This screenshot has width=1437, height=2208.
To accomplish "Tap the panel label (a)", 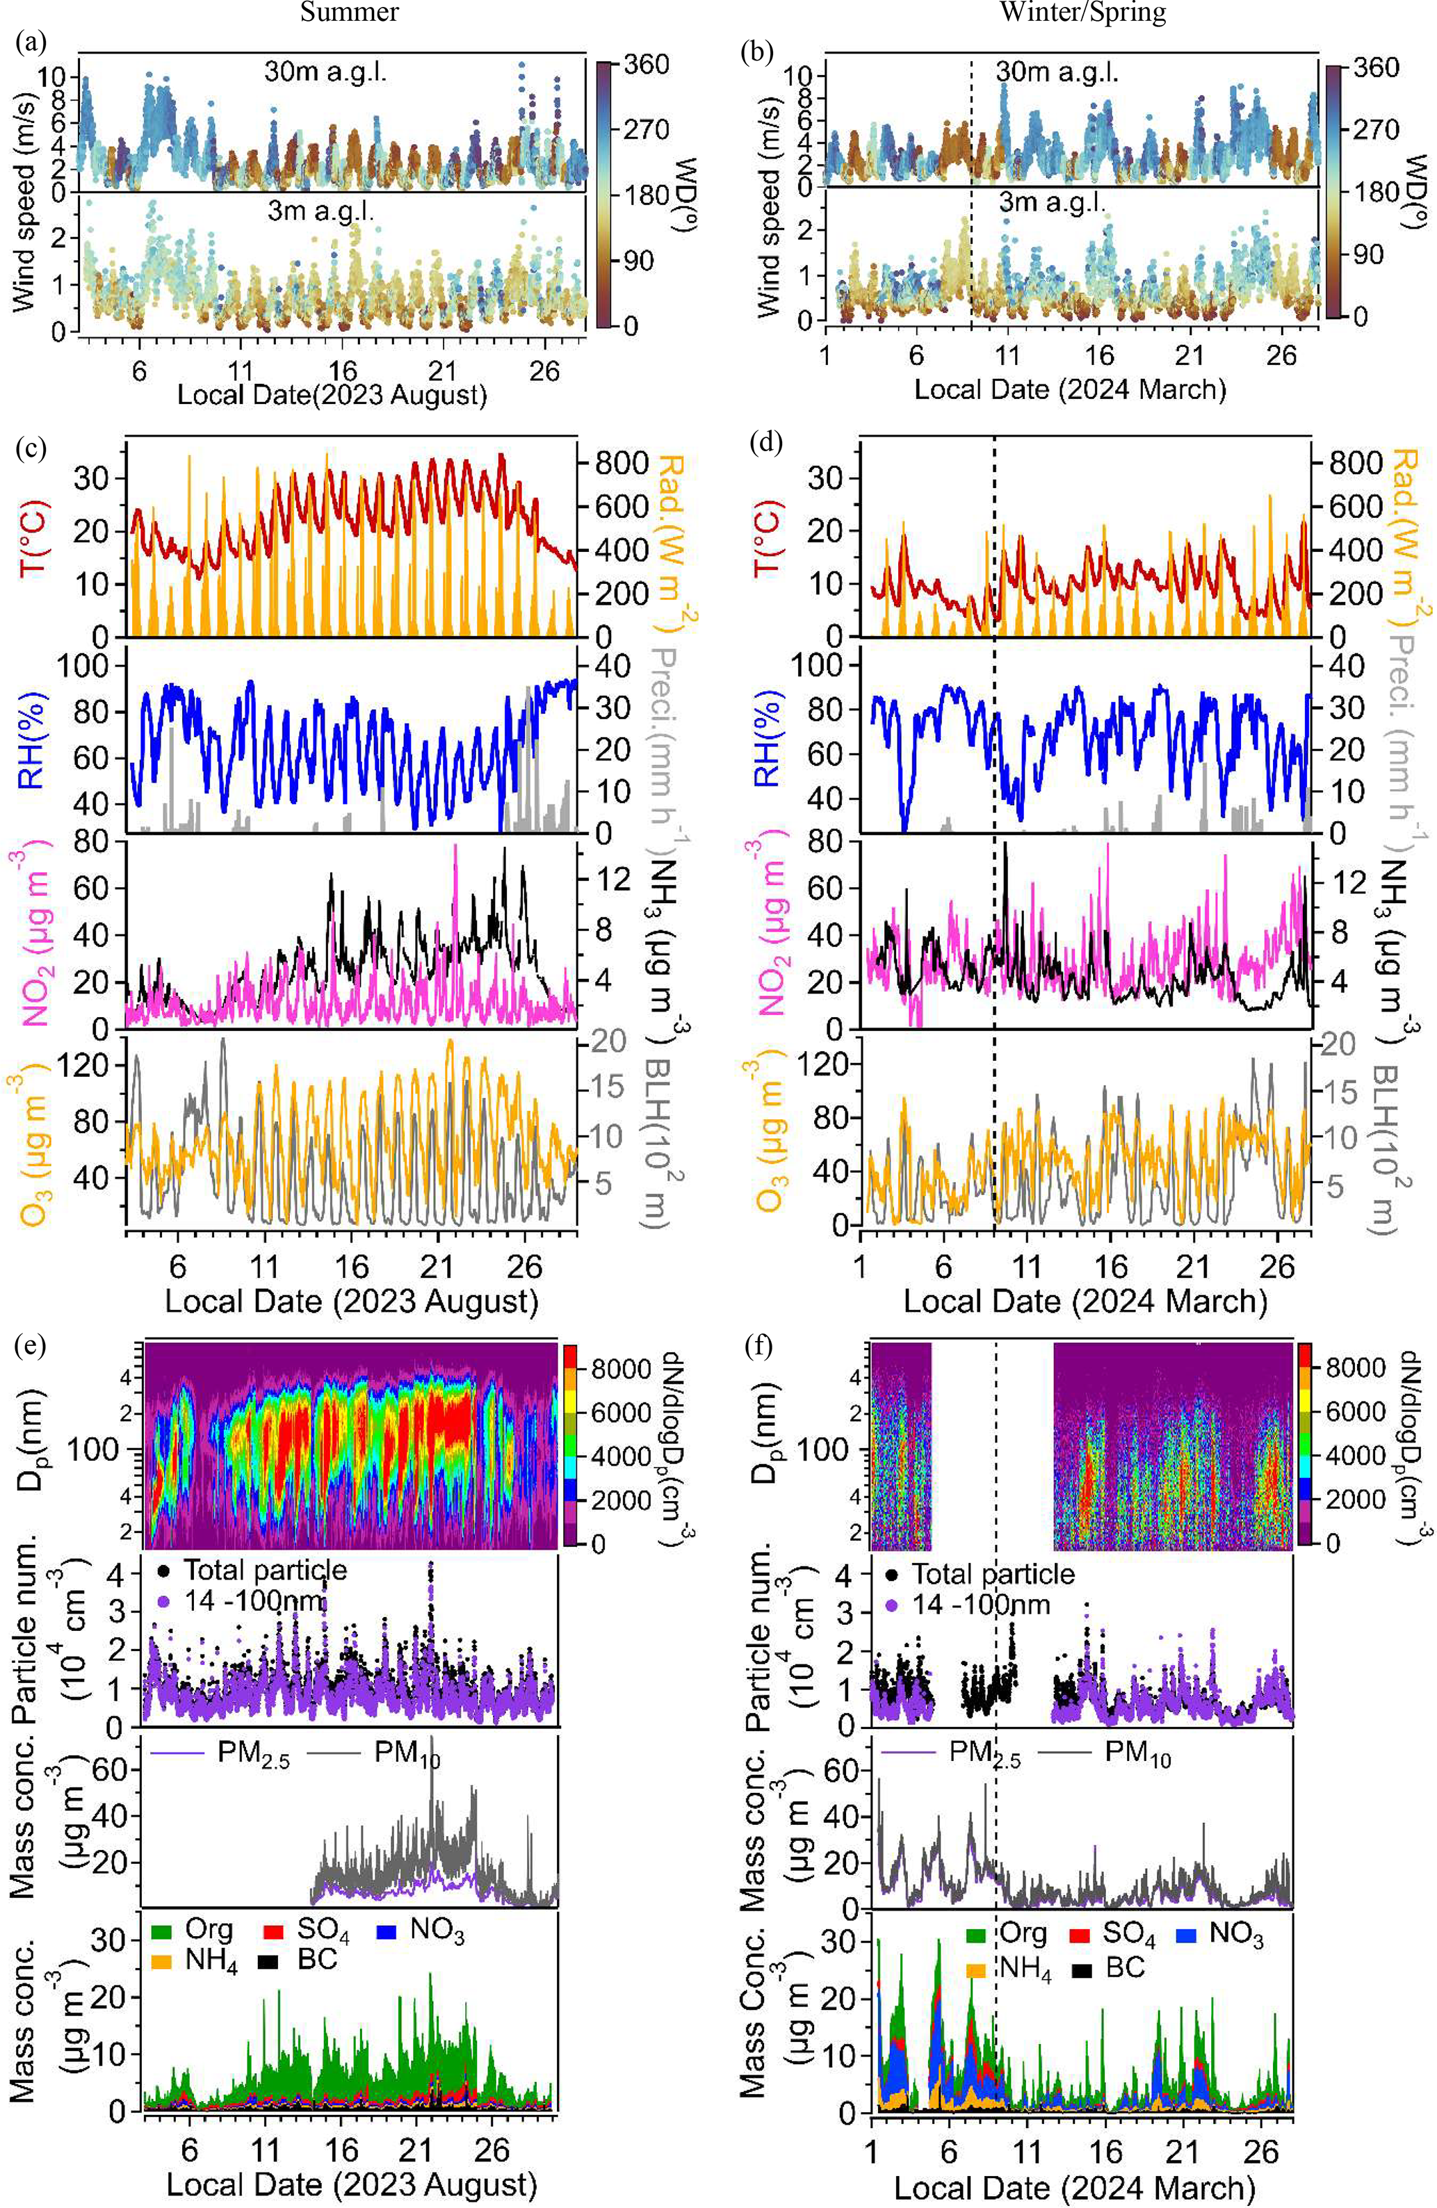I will pos(31,44).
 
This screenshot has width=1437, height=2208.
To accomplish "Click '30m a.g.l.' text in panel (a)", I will pos(325,72).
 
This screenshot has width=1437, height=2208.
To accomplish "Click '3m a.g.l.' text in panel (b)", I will pos(1051,202).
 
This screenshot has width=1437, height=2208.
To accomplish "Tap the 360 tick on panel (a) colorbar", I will pos(646,65).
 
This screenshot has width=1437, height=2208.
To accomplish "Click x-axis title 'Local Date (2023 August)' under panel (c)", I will pos(352,1301).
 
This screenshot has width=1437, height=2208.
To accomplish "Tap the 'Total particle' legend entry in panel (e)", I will pos(264,1570).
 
